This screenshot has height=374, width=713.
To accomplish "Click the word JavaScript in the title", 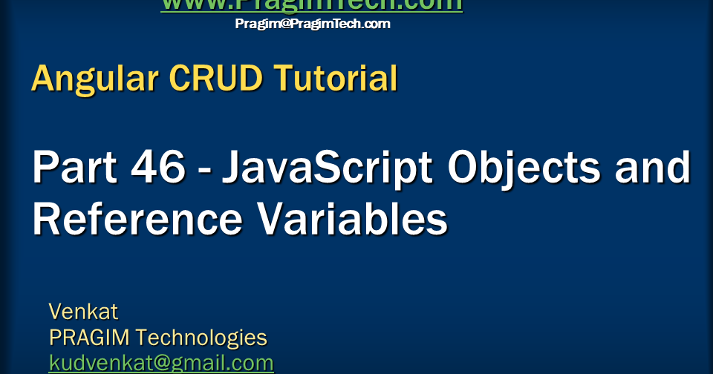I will (x=328, y=169).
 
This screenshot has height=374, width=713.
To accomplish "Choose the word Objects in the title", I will (x=524, y=169).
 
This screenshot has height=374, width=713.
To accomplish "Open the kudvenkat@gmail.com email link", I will (x=161, y=363).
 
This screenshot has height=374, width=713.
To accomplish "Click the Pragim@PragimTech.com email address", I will (x=312, y=24).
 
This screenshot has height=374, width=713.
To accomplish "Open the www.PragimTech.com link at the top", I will (x=312, y=5).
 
